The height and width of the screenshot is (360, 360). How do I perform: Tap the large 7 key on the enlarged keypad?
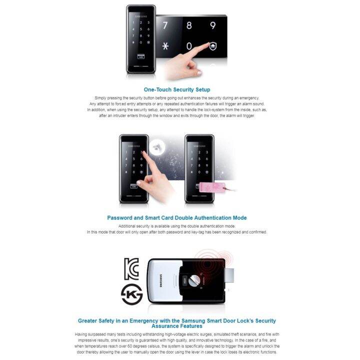pyautogui.click(x=165, y=25)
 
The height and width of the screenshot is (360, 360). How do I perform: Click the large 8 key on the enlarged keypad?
pyautogui.click(x=189, y=25)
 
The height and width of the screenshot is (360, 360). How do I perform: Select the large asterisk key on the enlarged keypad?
pyautogui.click(x=165, y=46)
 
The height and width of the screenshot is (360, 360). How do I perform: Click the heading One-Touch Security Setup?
pyautogui.click(x=176, y=89)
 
